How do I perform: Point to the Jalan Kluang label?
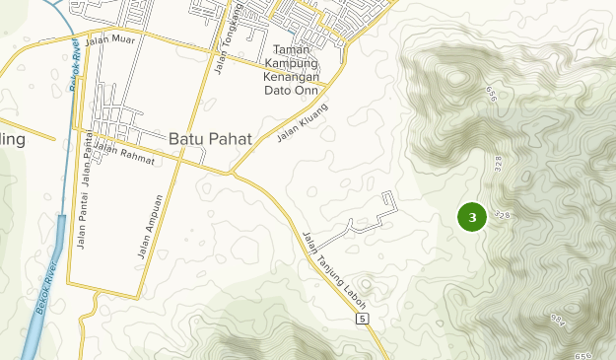(302, 122)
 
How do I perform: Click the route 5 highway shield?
(363, 320)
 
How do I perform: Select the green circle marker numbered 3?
(473, 217)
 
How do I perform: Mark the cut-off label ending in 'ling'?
(12, 139)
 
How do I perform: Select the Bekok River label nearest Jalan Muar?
(75, 65)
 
